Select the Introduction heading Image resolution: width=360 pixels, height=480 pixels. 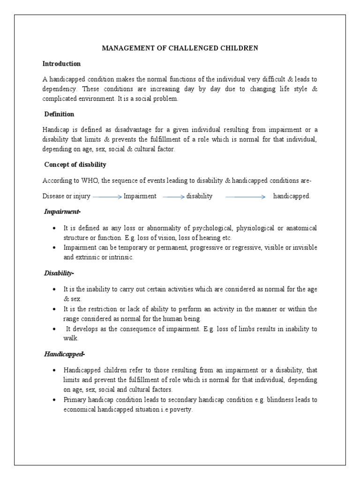click(x=61, y=64)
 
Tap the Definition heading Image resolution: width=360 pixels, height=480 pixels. click(x=59, y=114)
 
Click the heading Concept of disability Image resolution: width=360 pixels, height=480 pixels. click(x=75, y=165)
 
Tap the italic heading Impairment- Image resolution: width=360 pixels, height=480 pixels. click(x=62, y=212)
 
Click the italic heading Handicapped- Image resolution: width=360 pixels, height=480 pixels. click(x=64, y=354)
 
